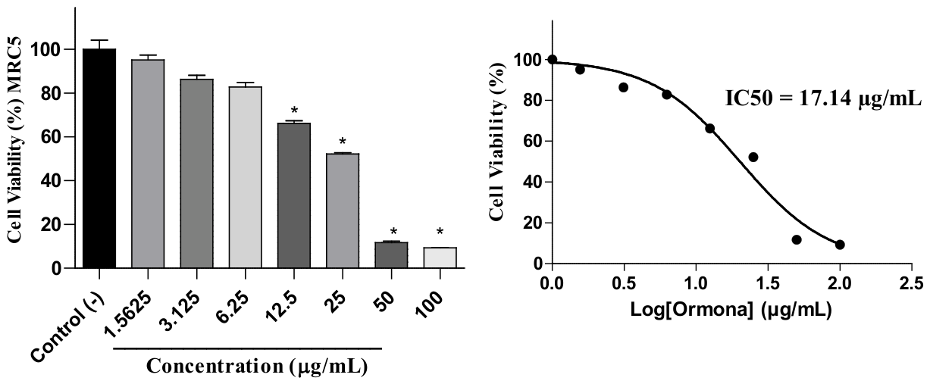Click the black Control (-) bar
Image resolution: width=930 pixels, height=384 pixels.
(x=99, y=158)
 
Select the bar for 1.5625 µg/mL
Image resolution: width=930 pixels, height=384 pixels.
(x=148, y=164)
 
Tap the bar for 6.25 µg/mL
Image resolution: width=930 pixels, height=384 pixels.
(x=246, y=177)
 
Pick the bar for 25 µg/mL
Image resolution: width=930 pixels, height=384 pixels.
(x=343, y=211)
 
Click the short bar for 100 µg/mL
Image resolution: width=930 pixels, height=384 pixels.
(x=440, y=258)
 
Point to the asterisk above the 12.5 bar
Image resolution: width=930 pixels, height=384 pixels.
(x=294, y=111)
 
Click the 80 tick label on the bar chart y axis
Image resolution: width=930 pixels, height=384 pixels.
(x=51, y=93)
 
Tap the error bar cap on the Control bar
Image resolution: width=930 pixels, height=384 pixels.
(x=99, y=40)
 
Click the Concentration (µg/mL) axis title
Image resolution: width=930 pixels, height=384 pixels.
(x=257, y=366)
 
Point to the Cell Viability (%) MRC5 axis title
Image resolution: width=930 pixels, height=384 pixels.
(x=14, y=140)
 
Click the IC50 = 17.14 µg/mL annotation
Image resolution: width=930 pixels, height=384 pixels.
(x=823, y=99)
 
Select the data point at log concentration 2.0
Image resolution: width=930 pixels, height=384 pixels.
(x=840, y=245)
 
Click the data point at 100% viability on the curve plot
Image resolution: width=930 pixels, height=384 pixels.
(x=553, y=59)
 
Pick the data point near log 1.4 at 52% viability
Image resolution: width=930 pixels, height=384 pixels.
(x=753, y=158)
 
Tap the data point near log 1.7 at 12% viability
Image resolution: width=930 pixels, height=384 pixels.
(x=797, y=239)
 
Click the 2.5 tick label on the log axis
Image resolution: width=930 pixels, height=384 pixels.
(x=912, y=284)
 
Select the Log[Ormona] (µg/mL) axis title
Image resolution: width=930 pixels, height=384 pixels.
(x=731, y=310)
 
